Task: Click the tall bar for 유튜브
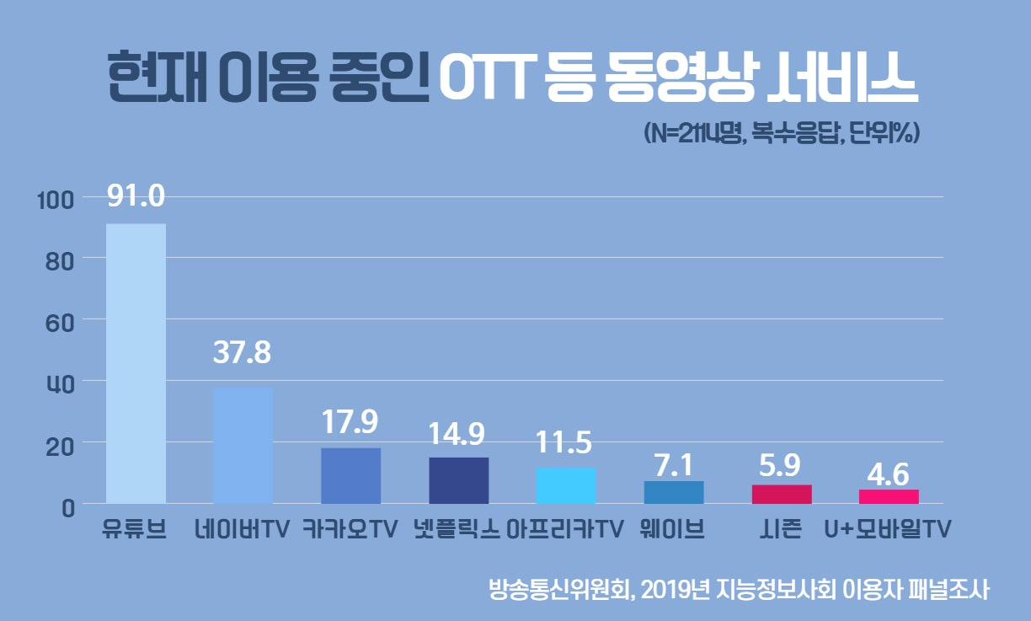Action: tap(136, 364)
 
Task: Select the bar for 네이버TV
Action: tap(243, 446)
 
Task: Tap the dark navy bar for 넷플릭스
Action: tap(459, 480)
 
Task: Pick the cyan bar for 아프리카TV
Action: tap(566, 485)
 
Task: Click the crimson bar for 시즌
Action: tap(782, 495)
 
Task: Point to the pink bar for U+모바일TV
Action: tap(889, 496)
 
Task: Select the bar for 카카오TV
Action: tap(350, 476)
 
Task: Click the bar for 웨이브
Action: tap(674, 493)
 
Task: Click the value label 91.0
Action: tap(136, 195)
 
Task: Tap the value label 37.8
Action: tap(242, 352)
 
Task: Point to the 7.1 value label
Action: tap(674, 465)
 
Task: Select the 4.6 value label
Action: tap(889, 474)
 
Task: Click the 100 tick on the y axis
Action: tap(56, 201)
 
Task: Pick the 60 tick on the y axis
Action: tap(59, 324)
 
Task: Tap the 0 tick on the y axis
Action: tap(68, 509)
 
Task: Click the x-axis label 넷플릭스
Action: tap(457, 529)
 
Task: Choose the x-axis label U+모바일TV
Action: tap(888, 529)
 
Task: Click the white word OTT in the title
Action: tap(488, 77)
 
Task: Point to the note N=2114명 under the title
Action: tap(693, 133)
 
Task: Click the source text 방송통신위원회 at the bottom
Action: tap(558, 589)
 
